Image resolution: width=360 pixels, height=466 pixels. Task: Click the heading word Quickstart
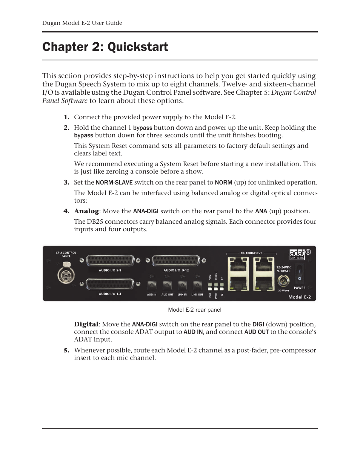click(138, 47)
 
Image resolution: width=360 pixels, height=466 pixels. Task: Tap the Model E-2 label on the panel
click(300, 297)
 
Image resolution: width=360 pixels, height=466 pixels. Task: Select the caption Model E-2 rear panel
click(195, 310)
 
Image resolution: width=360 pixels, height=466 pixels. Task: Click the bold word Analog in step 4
click(86, 211)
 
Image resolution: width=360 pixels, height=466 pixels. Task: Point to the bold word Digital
click(86, 324)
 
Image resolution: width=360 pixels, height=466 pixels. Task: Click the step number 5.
click(66, 350)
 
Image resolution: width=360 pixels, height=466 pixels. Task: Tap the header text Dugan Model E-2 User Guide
click(82, 23)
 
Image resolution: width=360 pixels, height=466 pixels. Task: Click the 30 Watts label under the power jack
click(283, 291)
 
